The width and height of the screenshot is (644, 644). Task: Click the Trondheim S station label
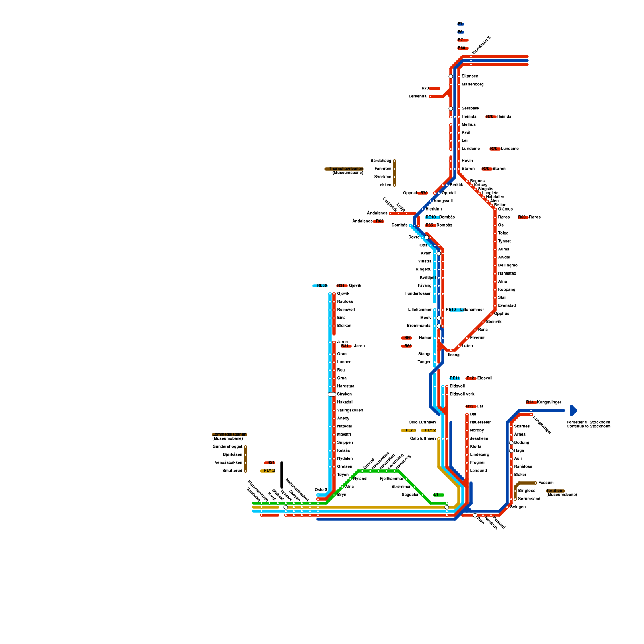(x=481, y=46)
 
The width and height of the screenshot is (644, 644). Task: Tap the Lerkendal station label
(x=418, y=97)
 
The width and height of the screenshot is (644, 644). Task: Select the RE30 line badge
(x=321, y=286)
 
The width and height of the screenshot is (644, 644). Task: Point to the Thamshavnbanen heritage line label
(x=345, y=169)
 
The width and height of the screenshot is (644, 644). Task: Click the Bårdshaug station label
(x=381, y=161)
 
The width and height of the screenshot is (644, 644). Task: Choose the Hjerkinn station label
(x=433, y=209)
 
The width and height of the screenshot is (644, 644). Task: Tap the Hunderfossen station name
(x=418, y=294)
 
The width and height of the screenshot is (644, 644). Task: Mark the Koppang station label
(x=506, y=290)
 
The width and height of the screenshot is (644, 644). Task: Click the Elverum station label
(x=478, y=338)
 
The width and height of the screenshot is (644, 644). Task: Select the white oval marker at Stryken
(x=332, y=394)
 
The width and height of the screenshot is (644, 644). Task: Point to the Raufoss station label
(x=345, y=302)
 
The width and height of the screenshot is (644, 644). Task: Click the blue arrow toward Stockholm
(x=574, y=411)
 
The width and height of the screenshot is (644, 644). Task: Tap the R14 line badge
(x=530, y=402)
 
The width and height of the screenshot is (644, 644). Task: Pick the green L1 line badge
(x=438, y=495)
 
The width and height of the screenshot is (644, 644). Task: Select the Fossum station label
(x=546, y=483)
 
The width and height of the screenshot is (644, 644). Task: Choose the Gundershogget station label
(x=227, y=447)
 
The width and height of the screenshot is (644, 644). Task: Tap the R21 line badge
(x=270, y=463)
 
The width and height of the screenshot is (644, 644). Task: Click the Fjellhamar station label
(x=391, y=479)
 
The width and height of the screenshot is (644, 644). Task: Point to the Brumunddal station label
(x=419, y=326)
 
